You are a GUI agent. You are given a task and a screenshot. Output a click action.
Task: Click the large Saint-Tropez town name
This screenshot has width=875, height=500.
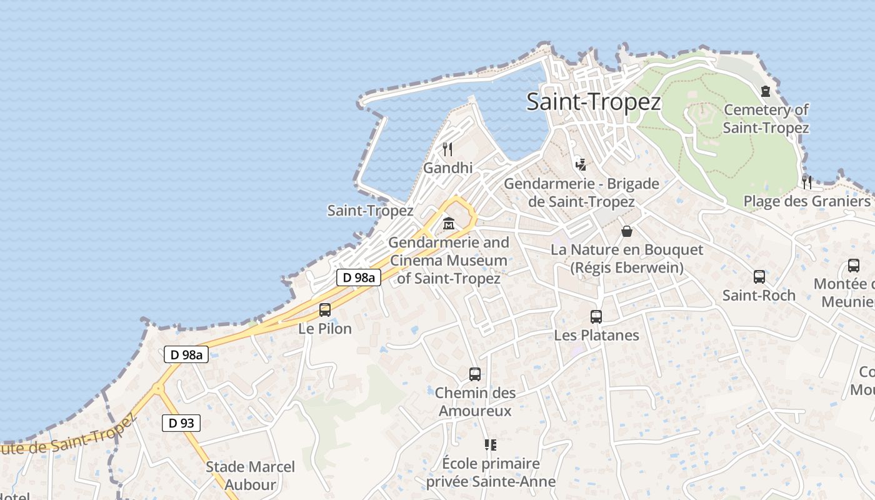(x=593, y=101)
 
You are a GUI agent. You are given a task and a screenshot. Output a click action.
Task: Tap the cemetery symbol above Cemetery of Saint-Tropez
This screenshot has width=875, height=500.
(x=766, y=91)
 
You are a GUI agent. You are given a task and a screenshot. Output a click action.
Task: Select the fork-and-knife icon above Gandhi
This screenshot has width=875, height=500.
(x=447, y=149)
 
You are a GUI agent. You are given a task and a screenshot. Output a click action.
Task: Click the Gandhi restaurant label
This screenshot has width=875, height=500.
(x=448, y=168)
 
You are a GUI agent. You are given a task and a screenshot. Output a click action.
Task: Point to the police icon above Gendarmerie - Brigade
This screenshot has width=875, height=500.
(x=581, y=164)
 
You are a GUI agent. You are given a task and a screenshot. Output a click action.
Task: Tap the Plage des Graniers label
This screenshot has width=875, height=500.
(x=806, y=201)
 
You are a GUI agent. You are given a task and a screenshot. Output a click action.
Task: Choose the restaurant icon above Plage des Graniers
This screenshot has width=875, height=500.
(x=807, y=182)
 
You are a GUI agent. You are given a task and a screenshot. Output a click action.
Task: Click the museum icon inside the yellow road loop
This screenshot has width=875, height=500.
(x=449, y=223)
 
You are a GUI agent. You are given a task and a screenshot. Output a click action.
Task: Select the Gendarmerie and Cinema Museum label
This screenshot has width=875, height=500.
(x=449, y=260)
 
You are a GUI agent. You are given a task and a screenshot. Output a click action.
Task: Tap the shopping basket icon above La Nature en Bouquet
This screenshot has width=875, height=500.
(x=627, y=231)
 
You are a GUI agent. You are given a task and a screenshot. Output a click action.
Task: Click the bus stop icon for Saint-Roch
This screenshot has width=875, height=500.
(x=759, y=276)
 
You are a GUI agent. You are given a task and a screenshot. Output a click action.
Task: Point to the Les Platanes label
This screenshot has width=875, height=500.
(x=596, y=335)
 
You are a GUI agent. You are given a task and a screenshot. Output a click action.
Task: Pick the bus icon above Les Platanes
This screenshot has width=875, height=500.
(x=596, y=316)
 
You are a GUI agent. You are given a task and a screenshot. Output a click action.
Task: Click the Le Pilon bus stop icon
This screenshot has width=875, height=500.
(x=325, y=309)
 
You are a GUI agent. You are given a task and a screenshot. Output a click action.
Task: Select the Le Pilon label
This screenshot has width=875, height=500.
(x=325, y=328)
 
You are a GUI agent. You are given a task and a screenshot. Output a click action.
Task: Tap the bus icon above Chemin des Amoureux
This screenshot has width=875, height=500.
(x=475, y=374)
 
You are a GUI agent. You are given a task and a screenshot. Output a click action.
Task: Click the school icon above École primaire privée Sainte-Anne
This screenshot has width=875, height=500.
(x=491, y=445)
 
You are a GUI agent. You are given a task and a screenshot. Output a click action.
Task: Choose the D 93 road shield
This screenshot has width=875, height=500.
(x=181, y=423)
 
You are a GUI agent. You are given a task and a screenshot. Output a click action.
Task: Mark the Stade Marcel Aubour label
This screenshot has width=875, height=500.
(x=250, y=475)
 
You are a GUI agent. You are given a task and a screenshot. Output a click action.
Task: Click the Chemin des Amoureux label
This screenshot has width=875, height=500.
(x=475, y=401)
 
